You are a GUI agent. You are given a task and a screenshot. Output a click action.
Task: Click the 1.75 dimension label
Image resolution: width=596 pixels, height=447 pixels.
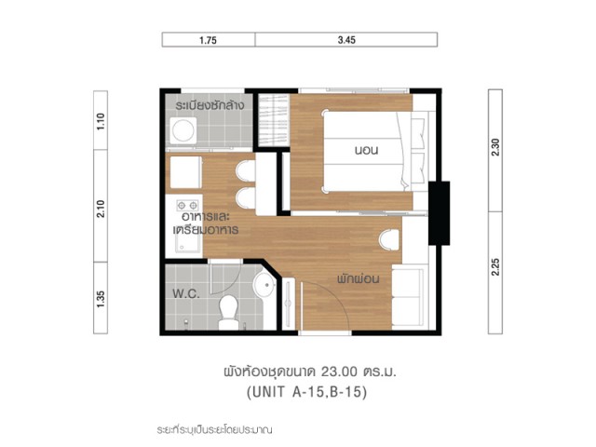coord(208,40)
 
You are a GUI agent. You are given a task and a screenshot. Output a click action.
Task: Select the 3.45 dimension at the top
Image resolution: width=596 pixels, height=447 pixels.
coord(346,40)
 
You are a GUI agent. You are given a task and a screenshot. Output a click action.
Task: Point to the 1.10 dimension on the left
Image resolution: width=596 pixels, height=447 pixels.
coord(101,122)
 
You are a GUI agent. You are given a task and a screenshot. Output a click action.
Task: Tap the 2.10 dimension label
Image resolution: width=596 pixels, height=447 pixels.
coord(101,209)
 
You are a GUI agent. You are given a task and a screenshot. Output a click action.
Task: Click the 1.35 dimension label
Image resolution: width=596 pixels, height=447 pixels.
coord(101,299)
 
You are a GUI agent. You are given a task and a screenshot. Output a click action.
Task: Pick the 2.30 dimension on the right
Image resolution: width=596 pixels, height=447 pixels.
coord(495,147)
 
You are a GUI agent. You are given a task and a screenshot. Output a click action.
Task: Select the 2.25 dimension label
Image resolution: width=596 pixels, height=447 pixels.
coord(495,267)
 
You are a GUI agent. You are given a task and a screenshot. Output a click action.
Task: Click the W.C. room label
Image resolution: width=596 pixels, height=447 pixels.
coord(186,293)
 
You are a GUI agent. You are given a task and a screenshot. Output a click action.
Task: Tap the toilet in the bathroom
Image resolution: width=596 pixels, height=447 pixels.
coord(228,313)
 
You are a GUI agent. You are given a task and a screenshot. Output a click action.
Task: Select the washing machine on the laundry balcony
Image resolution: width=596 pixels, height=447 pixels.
coord(183,130)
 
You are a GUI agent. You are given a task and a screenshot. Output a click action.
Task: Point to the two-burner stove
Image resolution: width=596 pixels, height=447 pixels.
coord(187,206)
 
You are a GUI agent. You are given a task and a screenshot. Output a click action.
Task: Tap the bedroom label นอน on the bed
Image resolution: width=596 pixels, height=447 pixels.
coord(366,150)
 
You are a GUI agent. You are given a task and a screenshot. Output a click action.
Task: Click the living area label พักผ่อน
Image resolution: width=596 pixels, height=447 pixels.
coord(358,279)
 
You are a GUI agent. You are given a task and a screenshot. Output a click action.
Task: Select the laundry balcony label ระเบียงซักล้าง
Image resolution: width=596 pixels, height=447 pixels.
coord(210,105)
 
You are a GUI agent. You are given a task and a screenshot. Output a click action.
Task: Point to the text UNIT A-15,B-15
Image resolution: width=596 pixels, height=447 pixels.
coord(307,392)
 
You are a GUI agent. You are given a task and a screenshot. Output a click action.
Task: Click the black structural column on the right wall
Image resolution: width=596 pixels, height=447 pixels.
coord(439,213)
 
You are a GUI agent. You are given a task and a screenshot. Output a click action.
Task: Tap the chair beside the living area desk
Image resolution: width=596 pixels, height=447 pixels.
coord(389,240)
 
